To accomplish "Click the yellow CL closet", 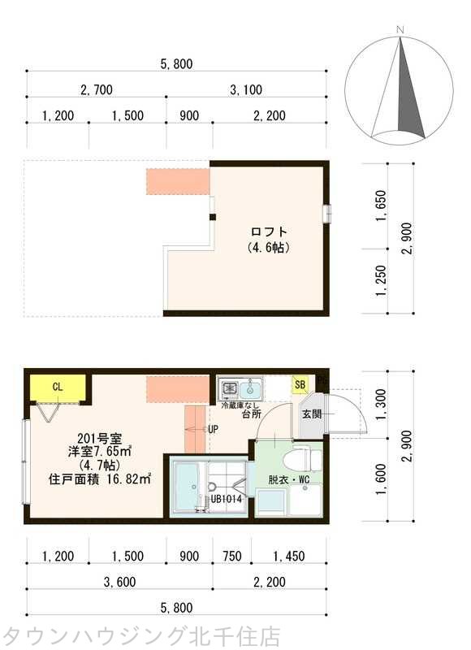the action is (x=58, y=388).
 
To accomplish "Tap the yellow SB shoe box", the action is (x=300, y=384).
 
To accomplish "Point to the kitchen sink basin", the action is (x=251, y=388).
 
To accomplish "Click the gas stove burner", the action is (x=229, y=388).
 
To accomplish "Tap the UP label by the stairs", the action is (x=213, y=430).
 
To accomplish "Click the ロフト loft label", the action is (x=269, y=232).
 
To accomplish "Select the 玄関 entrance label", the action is (x=312, y=414).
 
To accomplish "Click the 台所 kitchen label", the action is (x=252, y=414).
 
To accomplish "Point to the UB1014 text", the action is (x=227, y=499).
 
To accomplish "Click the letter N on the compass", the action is (x=400, y=30).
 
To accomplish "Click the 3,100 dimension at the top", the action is (x=246, y=89).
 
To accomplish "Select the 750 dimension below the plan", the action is (x=232, y=556).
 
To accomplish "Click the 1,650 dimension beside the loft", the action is (x=381, y=206).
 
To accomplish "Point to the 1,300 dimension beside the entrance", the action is (x=381, y=405).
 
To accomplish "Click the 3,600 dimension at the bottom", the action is (x=119, y=582).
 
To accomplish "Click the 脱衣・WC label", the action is (x=289, y=480).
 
